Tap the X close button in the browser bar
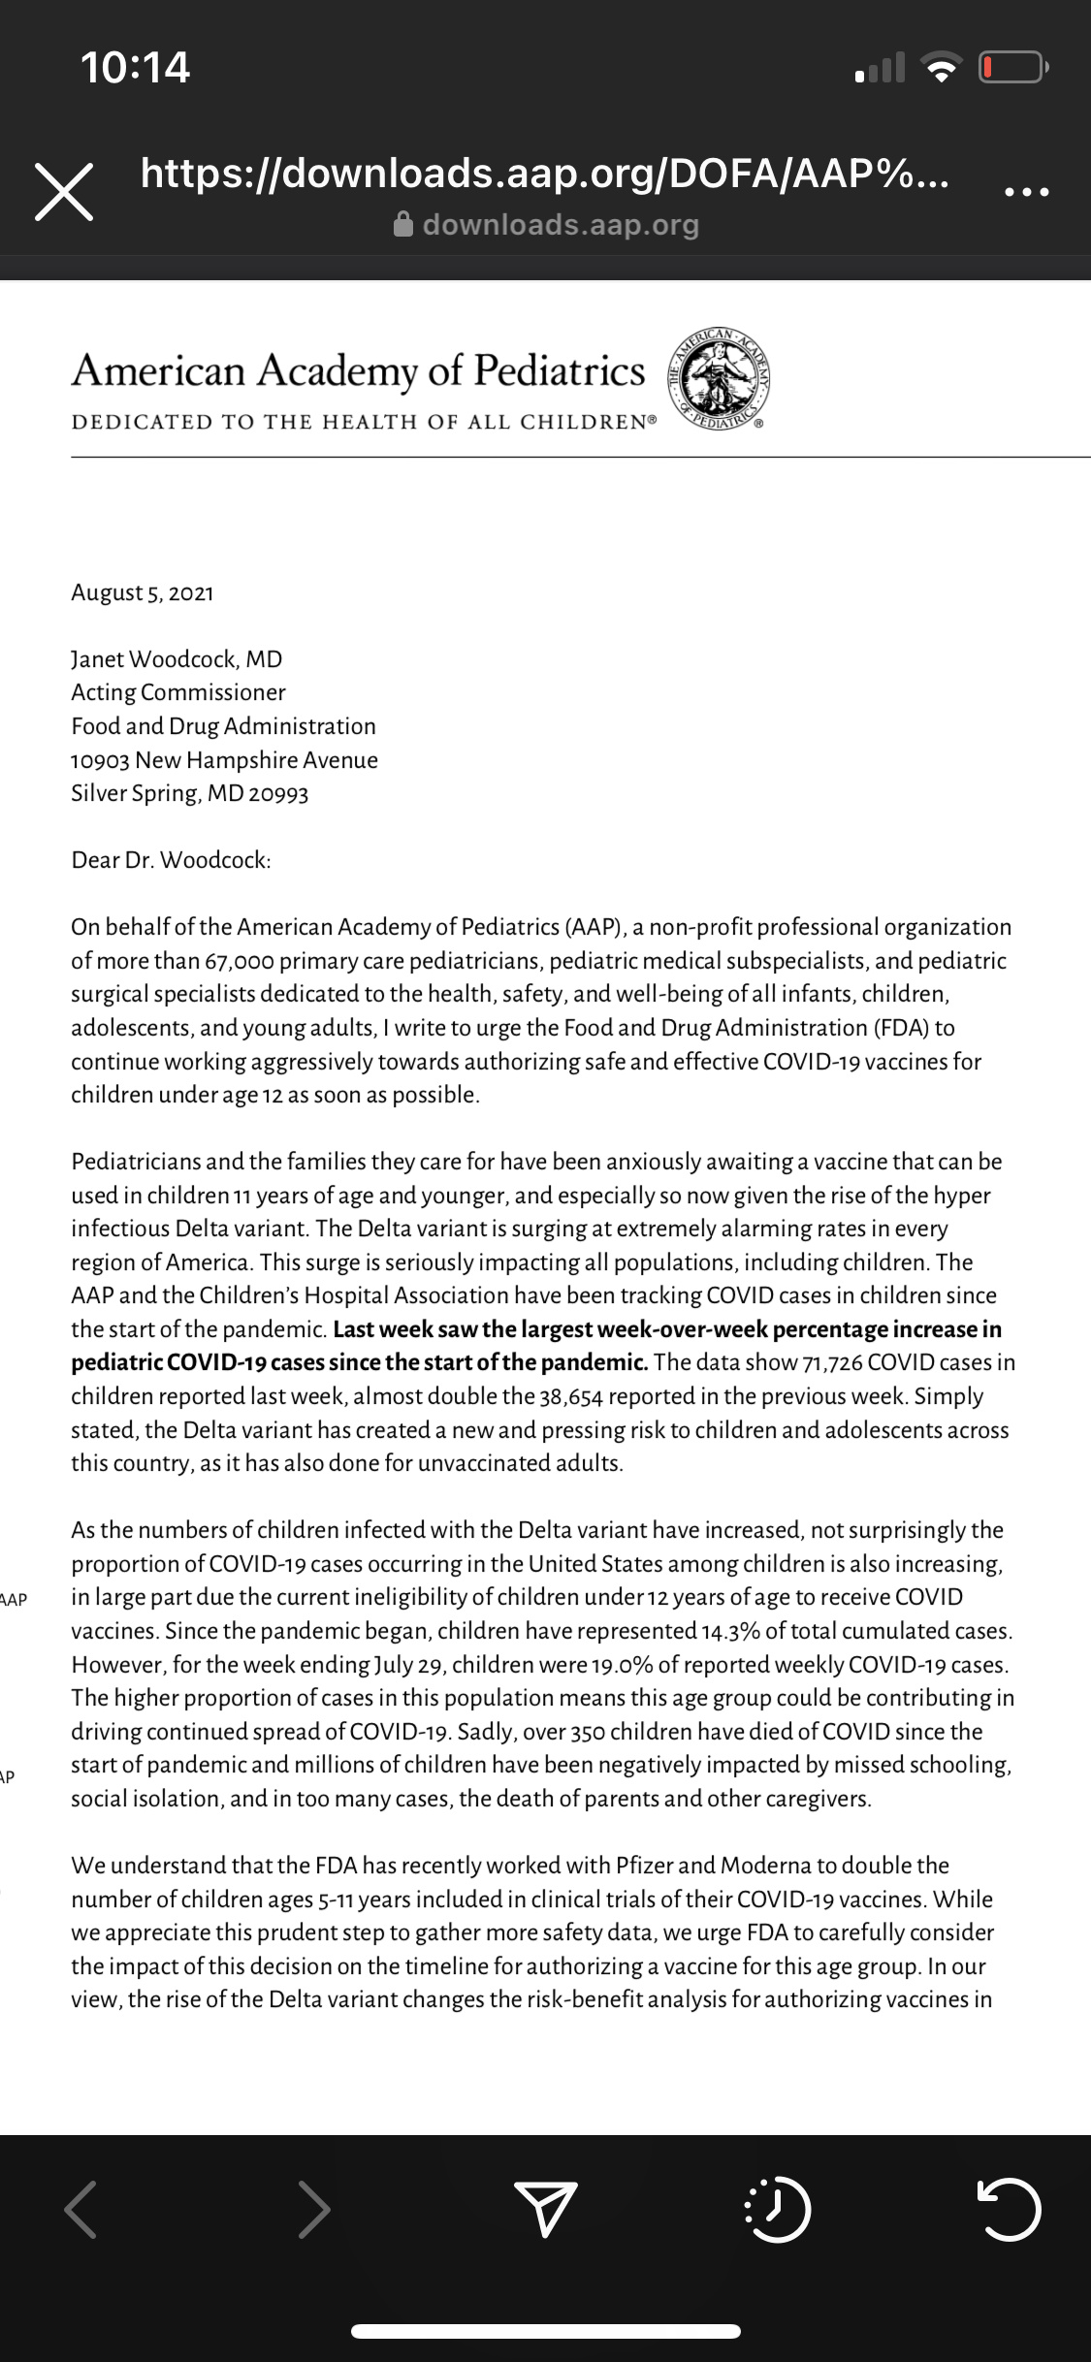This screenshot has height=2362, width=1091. (x=64, y=191)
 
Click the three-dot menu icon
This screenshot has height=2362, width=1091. (x=1026, y=192)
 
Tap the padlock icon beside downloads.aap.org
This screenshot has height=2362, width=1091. (x=403, y=225)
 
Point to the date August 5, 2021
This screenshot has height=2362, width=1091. (x=143, y=592)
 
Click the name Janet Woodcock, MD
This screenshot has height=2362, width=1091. (x=176, y=659)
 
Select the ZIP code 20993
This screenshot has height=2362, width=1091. (x=278, y=793)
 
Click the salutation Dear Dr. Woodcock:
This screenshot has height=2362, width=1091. (x=171, y=860)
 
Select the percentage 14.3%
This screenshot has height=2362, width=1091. (x=730, y=1631)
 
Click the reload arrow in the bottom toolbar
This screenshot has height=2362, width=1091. (x=1009, y=2209)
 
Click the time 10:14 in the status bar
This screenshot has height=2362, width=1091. (x=135, y=67)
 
